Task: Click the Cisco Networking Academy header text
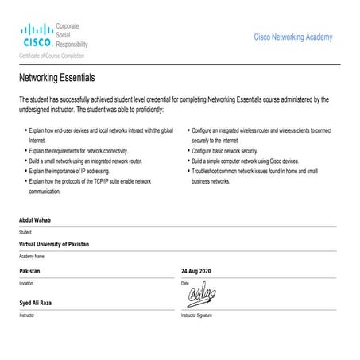pyautogui.click(x=292, y=37)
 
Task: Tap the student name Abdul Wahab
pyautogui.click(x=36, y=219)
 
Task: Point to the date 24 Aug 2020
pyautogui.click(x=196, y=271)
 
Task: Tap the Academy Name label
pyautogui.click(x=31, y=257)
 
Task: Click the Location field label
pyautogui.click(x=26, y=284)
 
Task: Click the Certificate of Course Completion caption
pyautogui.click(x=51, y=56)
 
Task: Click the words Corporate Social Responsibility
pyautogui.click(x=72, y=36)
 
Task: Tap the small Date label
pyautogui.click(x=185, y=284)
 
